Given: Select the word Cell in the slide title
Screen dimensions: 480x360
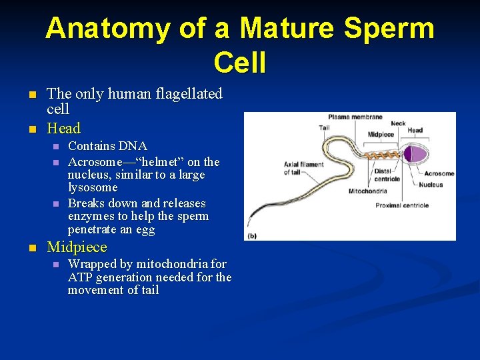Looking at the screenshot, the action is [x=239, y=63].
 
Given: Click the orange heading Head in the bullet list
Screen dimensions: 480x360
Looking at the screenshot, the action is [x=63, y=129].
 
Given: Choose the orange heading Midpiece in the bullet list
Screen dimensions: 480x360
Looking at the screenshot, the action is [x=77, y=247].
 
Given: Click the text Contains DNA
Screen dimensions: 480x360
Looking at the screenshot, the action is [x=107, y=146].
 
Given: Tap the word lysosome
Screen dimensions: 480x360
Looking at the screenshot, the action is [x=93, y=188].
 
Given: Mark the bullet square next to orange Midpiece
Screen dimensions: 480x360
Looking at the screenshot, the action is [x=32, y=248].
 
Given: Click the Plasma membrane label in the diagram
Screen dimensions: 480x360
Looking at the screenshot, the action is [x=355, y=117].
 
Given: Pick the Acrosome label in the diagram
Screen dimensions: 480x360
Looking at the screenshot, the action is [x=439, y=174].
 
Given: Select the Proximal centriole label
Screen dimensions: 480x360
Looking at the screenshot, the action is [x=402, y=205].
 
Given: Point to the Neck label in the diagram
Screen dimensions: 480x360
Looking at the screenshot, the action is [x=398, y=123].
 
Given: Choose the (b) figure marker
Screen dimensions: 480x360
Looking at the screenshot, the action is [x=253, y=235].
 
